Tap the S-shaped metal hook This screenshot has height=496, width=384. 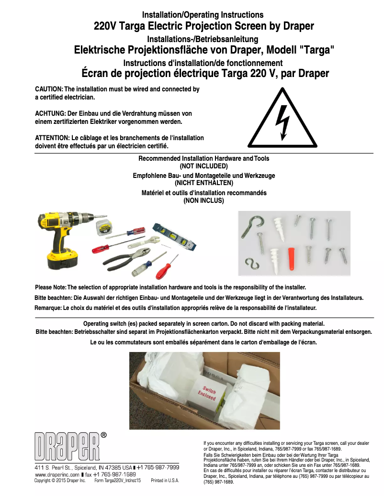249,264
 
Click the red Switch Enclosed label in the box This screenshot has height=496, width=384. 209,393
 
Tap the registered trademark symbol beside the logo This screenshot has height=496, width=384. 103,435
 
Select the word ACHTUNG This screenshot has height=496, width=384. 50,114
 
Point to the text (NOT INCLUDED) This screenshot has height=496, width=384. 203,166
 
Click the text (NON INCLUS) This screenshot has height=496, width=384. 203,201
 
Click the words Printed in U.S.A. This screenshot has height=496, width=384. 165,480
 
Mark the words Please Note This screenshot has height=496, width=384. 51,287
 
